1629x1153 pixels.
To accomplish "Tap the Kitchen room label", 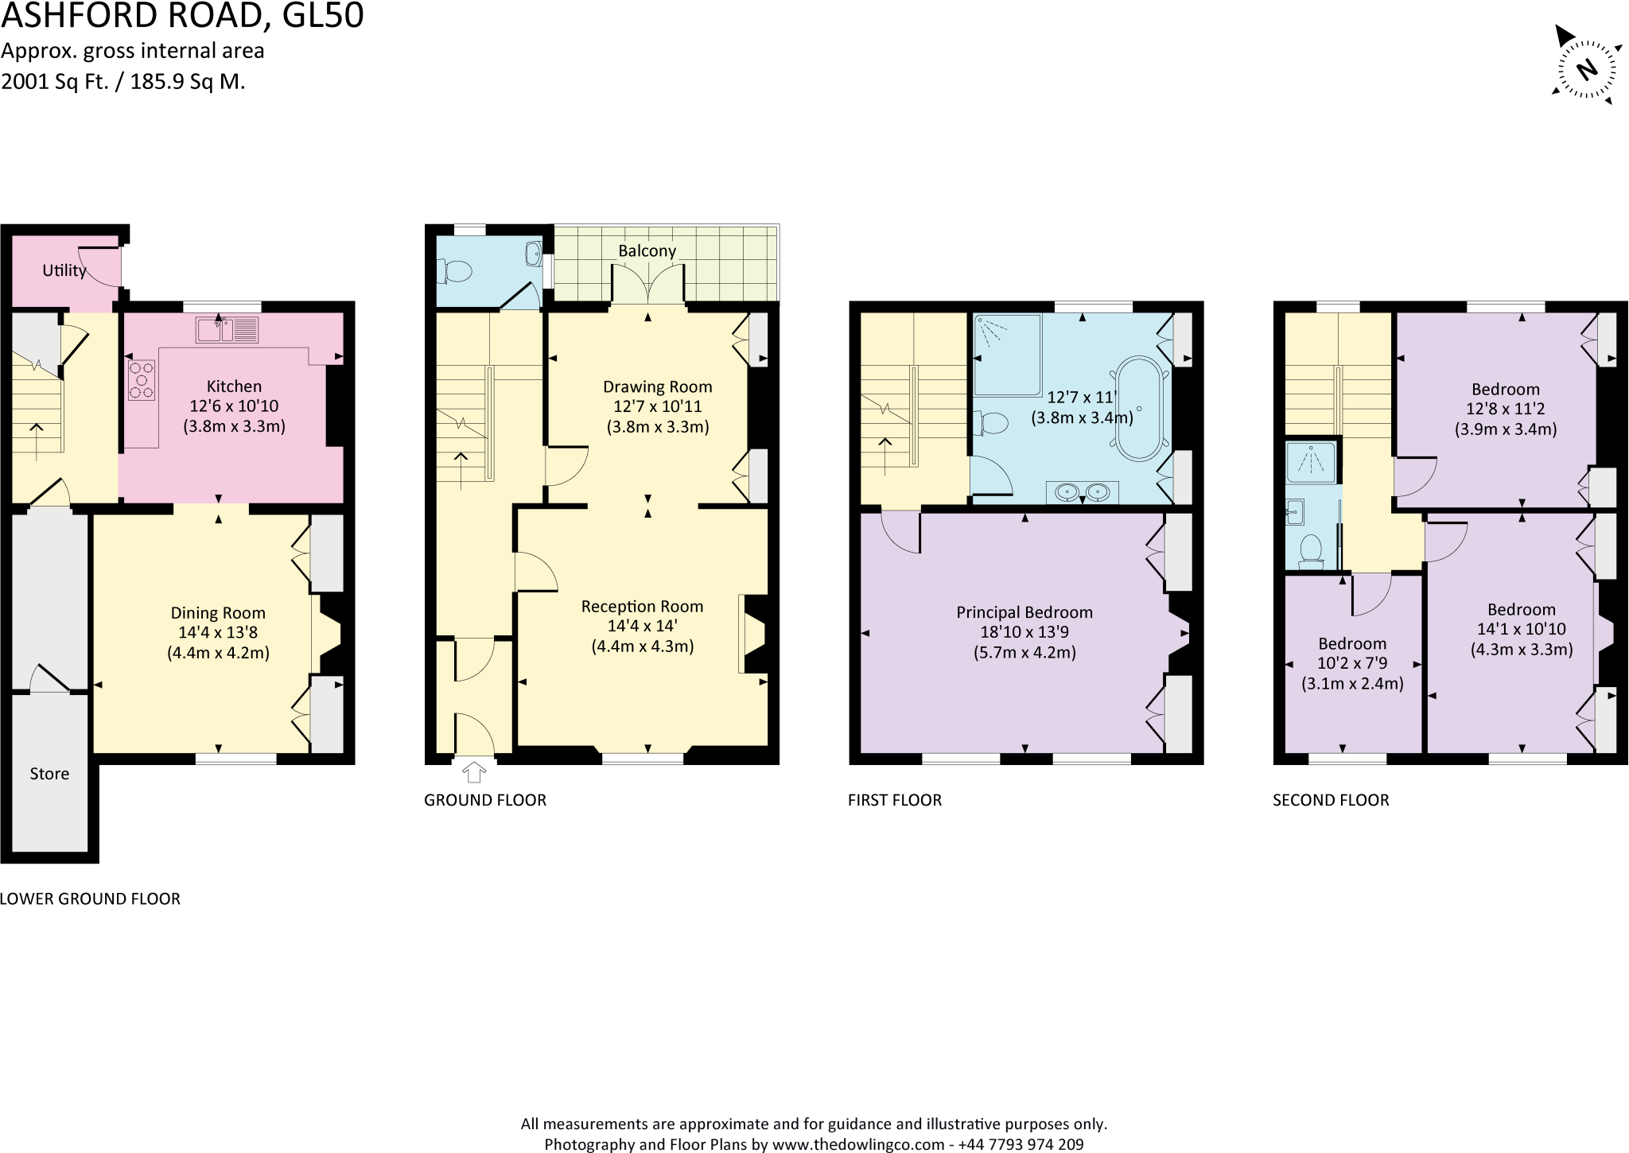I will [234, 386].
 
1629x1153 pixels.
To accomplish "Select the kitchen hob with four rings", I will [142, 380].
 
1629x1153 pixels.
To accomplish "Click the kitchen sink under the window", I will [227, 329].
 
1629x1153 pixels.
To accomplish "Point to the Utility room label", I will [64, 270].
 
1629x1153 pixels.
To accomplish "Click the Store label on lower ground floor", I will [49, 774].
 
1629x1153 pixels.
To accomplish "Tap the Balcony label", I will [647, 251].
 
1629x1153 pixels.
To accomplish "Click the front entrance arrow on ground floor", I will [474, 771].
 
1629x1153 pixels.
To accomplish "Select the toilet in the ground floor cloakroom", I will [456, 272].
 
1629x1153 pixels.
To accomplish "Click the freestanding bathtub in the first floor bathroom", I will [1139, 409].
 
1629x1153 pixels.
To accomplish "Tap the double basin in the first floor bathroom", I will [1082, 492].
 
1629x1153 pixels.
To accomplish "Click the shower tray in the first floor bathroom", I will [1007, 355].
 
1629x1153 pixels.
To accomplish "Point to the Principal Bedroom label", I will [1024, 612].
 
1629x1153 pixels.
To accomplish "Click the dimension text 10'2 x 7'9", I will [1352, 663].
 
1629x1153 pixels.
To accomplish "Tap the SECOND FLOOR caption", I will [1331, 800].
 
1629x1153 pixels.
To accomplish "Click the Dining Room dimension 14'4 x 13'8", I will [218, 633].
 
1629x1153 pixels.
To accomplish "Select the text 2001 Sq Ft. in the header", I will [54, 81].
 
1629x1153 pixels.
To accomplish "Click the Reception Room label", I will [642, 607].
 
